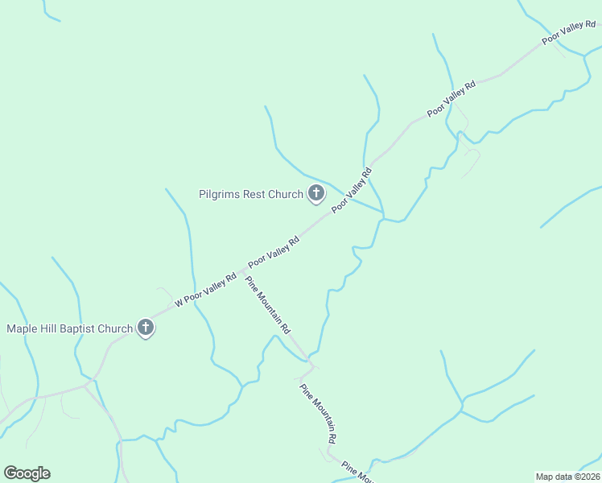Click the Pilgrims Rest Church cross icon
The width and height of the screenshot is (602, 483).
[x=316, y=193]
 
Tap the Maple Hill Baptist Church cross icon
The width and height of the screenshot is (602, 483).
[x=146, y=328]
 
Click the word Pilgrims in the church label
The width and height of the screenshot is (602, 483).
[x=220, y=194]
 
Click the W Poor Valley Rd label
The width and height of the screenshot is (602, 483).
[x=205, y=290]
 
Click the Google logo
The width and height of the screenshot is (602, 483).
[x=27, y=473]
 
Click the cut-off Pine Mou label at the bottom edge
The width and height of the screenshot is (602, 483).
[x=355, y=470]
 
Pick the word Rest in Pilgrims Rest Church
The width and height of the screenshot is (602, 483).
[x=256, y=194]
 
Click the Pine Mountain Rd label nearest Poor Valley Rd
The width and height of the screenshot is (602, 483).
[x=267, y=305]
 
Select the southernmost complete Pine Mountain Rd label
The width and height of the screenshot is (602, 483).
[x=318, y=414]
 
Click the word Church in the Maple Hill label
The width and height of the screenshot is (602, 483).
[x=116, y=328]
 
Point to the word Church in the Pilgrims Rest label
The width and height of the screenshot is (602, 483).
[x=286, y=194]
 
